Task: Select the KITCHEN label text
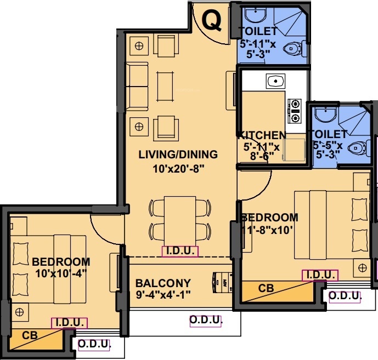(x=261, y=135)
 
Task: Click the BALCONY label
(x=163, y=283)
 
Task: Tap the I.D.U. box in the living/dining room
(x=180, y=252)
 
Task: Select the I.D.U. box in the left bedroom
(x=69, y=323)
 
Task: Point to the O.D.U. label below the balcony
(x=206, y=320)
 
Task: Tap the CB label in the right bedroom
(x=266, y=287)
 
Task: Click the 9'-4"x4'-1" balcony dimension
(x=163, y=297)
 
